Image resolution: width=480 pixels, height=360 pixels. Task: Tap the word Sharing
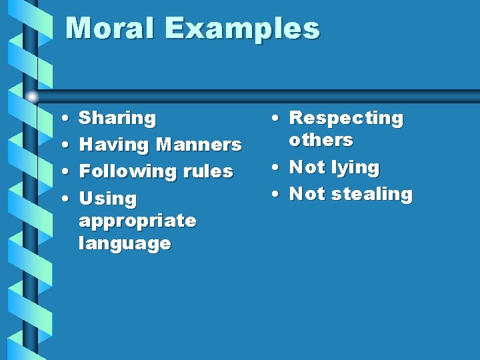pos(117,119)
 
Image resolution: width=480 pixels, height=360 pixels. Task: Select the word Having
pos(113,145)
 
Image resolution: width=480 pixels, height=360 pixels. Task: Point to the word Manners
pos(198,145)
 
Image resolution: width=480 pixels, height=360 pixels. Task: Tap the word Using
pos(107,199)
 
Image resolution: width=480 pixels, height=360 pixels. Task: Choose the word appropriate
pos(137,221)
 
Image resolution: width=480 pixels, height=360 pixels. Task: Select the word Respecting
pos(347,119)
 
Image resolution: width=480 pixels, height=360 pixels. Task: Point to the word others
pos(321,140)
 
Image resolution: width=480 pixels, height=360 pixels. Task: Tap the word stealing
pos(375,194)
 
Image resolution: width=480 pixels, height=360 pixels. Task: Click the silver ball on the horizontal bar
pos(32,97)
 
